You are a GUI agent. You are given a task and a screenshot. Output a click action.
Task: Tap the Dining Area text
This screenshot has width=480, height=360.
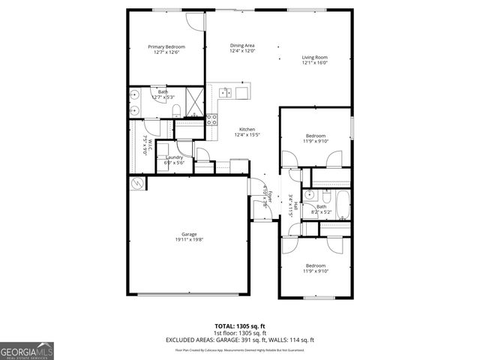pos(242,45)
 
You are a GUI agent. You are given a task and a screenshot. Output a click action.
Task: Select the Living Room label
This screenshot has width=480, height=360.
pos(315,57)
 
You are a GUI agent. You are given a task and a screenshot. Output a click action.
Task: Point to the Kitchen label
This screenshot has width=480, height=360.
pos(247,128)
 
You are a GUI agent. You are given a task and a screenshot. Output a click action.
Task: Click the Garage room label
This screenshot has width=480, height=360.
pos(188,234)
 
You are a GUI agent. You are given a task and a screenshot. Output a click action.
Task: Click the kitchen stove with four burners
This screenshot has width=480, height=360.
pos(211,118)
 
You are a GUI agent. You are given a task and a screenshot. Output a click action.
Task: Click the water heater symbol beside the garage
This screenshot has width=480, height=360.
pos(136,184)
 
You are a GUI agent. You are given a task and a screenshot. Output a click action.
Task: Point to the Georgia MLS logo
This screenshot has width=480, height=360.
pos(27,350)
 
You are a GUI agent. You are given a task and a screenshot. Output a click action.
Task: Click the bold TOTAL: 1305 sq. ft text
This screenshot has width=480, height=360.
pos(240,326)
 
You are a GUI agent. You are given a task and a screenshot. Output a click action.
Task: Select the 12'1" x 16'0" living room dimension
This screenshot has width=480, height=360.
pos(315,63)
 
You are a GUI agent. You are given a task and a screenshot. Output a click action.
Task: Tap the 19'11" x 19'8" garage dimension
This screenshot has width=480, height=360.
pos(188,240)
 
